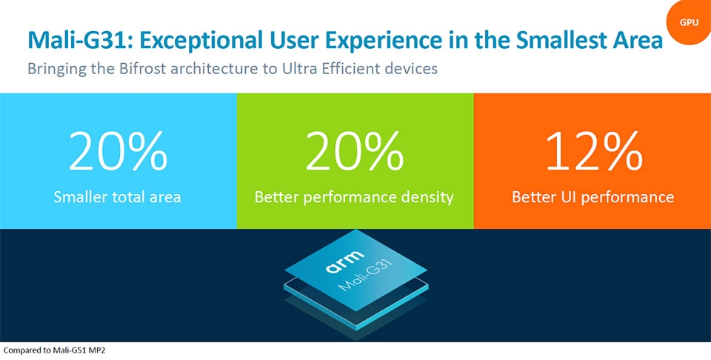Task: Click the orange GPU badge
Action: click(689, 22)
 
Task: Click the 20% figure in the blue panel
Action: click(118, 153)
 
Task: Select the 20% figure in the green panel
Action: click(354, 153)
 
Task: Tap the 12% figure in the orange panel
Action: click(592, 153)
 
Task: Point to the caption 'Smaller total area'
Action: click(118, 197)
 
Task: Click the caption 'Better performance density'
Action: click(354, 197)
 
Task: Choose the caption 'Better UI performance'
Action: click(592, 197)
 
